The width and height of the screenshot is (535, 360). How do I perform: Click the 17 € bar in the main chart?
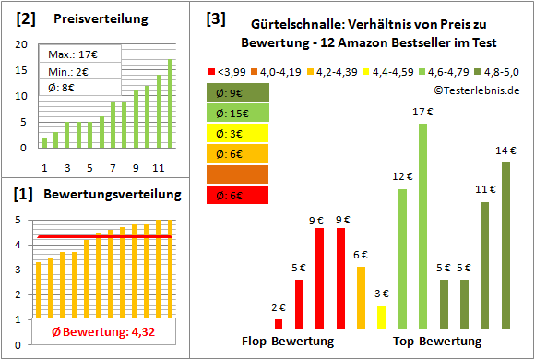coord(423,225)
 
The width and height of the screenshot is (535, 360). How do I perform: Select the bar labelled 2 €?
coord(279,323)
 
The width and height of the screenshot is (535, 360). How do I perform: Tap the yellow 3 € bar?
coord(382,317)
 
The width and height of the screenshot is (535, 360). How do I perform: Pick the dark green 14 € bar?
coord(505,245)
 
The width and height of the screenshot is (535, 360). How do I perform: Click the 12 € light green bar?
coord(403,258)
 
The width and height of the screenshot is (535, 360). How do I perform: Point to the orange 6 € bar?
coord(361,297)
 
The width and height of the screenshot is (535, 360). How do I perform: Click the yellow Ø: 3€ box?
coord(238,133)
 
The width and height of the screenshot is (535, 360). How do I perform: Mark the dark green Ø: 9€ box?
coord(238,92)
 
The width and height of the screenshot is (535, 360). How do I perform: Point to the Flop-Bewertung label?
coord(288,342)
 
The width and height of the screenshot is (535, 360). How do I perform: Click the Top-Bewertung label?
coord(437,342)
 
